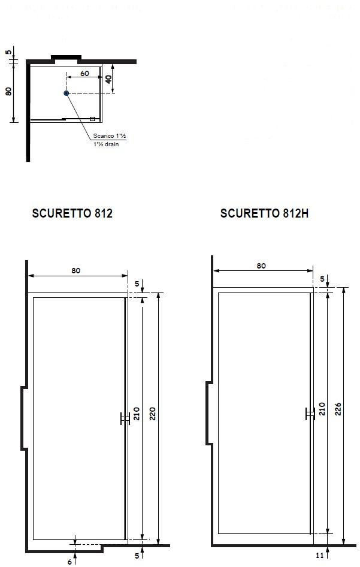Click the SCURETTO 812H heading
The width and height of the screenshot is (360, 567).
264,213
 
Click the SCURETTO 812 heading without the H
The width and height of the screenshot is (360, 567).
72,213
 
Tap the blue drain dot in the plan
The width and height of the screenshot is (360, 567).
66,94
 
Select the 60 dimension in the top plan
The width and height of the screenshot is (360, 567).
84,73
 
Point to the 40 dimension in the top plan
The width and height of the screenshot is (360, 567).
108,79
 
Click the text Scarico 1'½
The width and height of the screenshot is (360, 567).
109,136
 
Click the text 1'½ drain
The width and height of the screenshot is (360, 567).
106,144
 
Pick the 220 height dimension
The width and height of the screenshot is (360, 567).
153,414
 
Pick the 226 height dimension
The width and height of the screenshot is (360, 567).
338,409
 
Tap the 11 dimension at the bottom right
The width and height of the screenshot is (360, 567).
319,556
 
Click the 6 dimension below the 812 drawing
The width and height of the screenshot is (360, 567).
69,562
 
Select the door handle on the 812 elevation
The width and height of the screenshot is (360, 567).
125,419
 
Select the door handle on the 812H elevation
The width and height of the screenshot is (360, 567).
310,414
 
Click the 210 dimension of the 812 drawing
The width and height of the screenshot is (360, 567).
137,414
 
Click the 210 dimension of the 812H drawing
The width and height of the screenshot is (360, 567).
322,409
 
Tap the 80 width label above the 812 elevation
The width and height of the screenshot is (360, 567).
76,270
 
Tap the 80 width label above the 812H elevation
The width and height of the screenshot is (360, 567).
261,266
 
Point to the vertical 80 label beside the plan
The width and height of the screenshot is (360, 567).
8,92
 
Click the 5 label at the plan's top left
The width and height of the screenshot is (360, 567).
8,52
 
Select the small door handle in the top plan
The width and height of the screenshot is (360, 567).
92,119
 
